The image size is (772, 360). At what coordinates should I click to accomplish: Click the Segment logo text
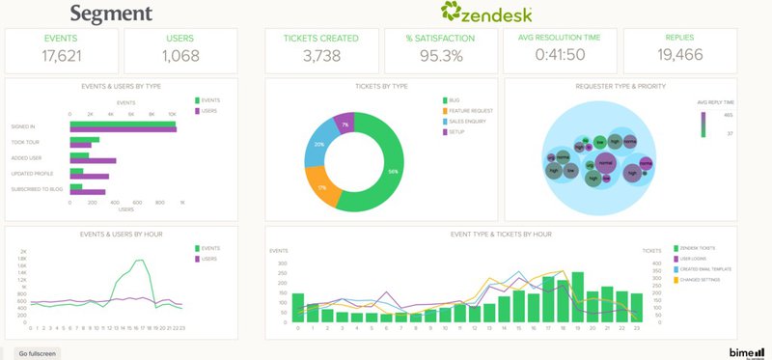click(x=111, y=14)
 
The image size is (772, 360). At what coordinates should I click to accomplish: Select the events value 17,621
click(x=63, y=56)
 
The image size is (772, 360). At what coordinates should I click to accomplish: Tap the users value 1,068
click(x=180, y=56)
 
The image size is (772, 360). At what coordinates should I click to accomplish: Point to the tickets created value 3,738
click(x=321, y=56)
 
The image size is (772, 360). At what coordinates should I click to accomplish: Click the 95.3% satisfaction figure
click(x=441, y=56)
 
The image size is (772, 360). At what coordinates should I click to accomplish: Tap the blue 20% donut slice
click(x=319, y=144)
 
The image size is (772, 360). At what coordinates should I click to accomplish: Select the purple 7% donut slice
click(x=344, y=124)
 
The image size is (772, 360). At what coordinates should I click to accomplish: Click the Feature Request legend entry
click(x=467, y=112)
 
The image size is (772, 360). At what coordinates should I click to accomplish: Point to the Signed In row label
click(x=24, y=125)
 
